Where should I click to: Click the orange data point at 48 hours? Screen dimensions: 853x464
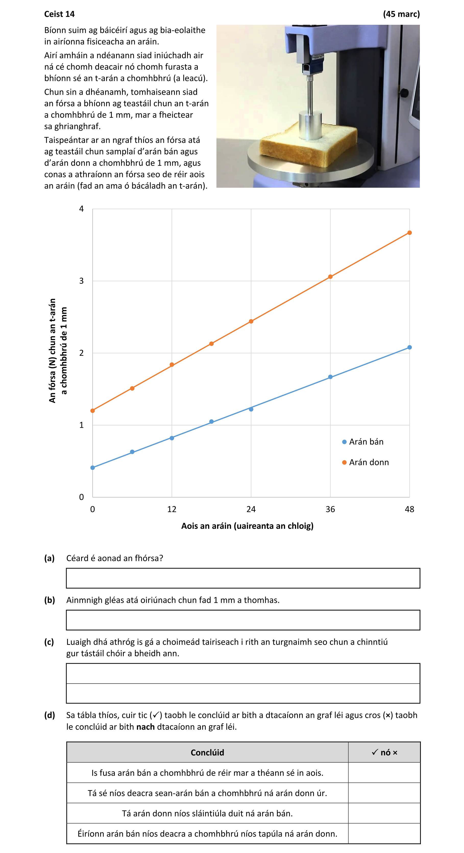[x=409, y=233]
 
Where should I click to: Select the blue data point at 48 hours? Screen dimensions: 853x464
[x=409, y=347]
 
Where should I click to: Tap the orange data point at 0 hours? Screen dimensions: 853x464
[x=93, y=411]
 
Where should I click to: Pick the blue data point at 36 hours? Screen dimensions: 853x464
[x=330, y=377]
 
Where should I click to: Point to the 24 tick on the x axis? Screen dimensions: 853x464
[x=251, y=509]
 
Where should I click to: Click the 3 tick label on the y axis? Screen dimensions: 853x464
[x=81, y=281]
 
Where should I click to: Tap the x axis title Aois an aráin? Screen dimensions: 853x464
[x=247, y=526]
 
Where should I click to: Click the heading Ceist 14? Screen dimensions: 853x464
[x=59, y=14]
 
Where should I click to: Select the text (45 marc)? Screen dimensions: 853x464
[x=401, y=14]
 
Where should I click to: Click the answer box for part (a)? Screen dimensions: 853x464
[x=243, y=578]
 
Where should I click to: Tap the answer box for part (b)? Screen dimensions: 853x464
[x=243, y=620]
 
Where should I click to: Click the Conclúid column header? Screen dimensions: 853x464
[x=207, y=752]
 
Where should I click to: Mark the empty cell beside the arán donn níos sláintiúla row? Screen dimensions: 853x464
[x=384, y=813]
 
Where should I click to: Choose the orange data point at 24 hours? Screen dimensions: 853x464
[x=251, y=321]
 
